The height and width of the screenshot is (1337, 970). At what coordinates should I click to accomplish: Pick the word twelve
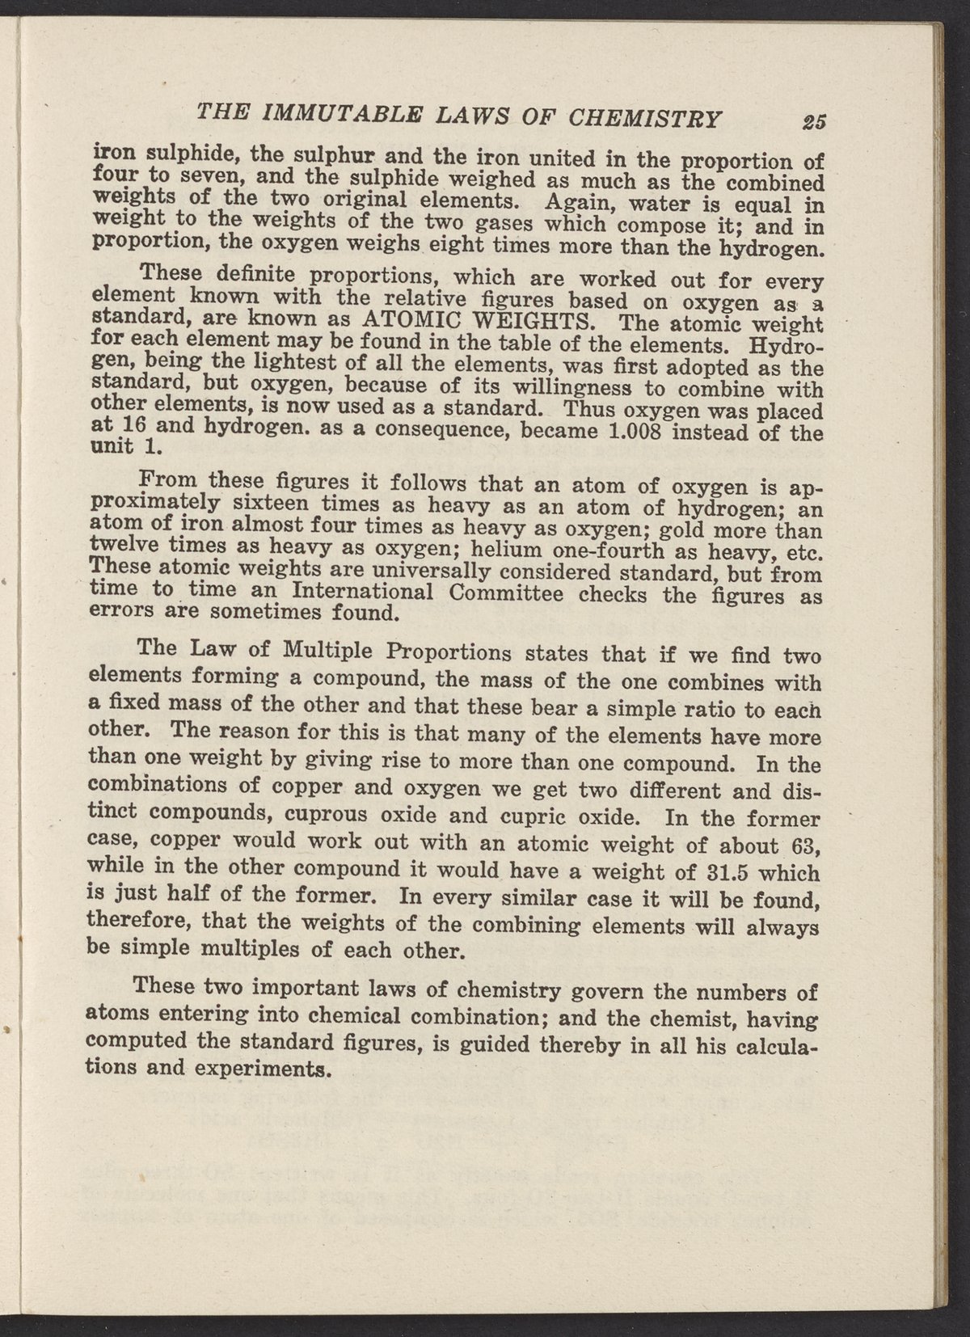click(x=122, y=541)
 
